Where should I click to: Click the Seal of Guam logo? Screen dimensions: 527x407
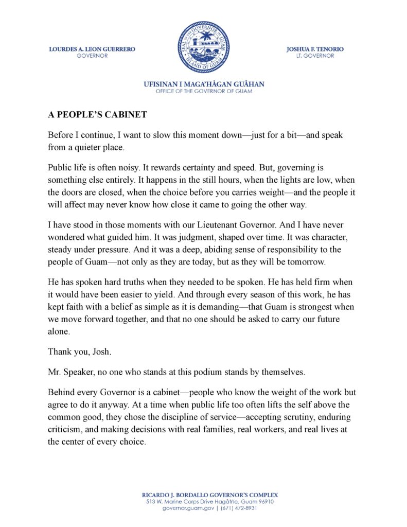click(204, 47)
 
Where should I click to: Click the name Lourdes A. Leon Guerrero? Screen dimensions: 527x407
click(92, 49)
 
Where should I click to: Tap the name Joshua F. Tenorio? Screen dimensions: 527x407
click(315, 49)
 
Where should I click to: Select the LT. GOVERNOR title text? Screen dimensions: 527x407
click(315, 56)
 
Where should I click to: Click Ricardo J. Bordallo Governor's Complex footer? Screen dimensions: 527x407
click(204, 495)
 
